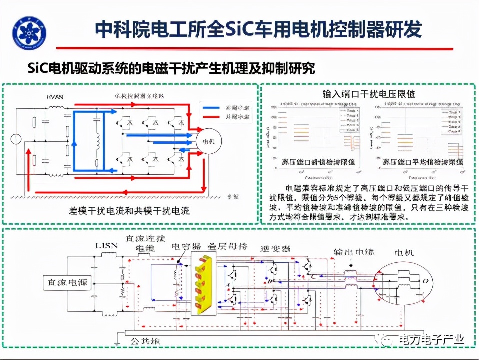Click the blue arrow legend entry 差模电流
(225, 107)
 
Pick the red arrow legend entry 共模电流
(225, 118)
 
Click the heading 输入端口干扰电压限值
(369, 93)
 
